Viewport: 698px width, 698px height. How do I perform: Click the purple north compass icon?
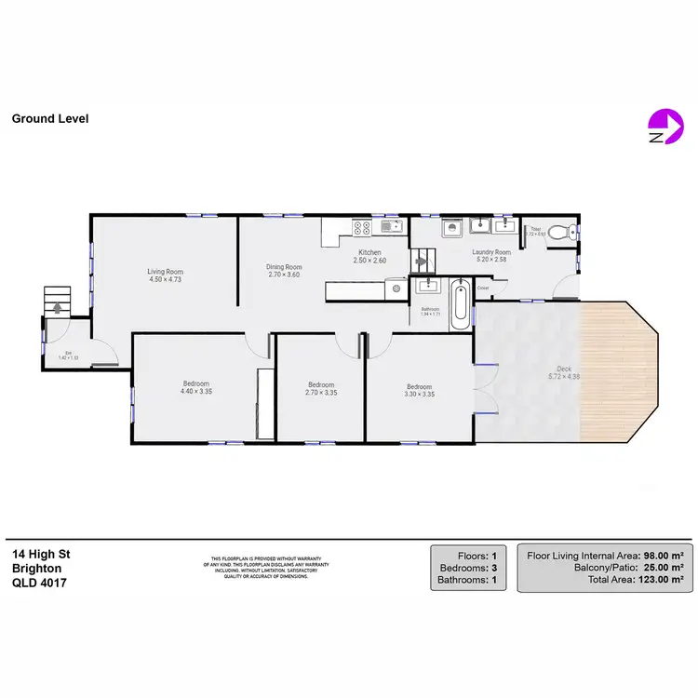point(662,126)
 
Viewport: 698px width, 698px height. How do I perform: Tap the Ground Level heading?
point(50,119)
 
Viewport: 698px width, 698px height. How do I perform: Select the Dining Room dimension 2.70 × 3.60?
point(285,275)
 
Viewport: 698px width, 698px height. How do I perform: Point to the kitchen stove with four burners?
point(362,226)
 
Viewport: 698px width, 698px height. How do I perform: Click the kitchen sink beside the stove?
point(390,225)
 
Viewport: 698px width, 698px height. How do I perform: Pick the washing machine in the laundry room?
point(450,227)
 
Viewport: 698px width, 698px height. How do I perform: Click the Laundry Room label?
point(491,252)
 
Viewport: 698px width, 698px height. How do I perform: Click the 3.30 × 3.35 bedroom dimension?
point(419,394)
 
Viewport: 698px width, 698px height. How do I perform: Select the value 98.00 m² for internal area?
point(664,555)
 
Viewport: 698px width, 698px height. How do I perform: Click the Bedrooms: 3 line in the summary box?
point(468,568)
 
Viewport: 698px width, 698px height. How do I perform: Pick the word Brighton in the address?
point(37,568)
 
